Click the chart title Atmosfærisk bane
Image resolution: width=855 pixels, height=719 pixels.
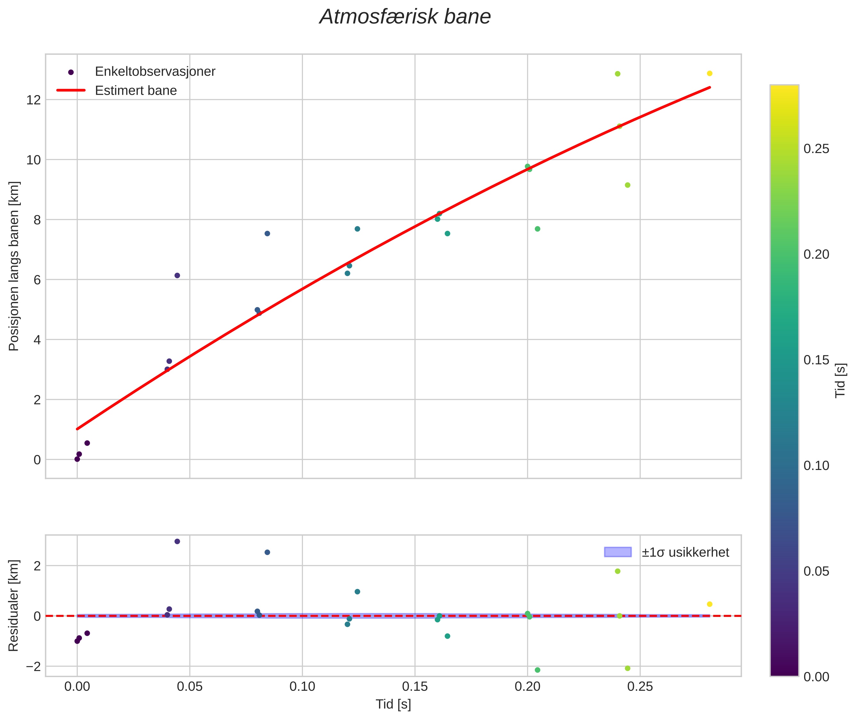tap(405, 17)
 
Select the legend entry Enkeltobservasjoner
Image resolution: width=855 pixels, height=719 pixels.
tap(155, 71)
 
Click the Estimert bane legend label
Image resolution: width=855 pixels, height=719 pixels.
tap(136, 91)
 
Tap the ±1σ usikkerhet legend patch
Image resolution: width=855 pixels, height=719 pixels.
tap(618, 552)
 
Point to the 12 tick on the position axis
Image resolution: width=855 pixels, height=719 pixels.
tap(34, 100)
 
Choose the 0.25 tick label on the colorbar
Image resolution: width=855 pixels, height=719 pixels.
tap(816, 149)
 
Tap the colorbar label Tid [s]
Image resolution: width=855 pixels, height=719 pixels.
tap(841, 380)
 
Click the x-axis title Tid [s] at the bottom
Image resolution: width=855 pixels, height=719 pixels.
tap(393, 704)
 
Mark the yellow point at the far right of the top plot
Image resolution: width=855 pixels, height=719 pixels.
tap(709, 73)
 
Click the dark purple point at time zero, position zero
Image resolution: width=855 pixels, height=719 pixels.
tap(77, 459)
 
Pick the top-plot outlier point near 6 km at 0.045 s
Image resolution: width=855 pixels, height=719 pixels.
tap(177, 276)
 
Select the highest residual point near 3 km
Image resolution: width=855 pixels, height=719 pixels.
tap(177, 541)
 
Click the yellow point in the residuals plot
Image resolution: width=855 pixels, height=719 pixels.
tap(709, 604)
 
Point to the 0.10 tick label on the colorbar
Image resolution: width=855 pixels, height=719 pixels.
tap(816, 465)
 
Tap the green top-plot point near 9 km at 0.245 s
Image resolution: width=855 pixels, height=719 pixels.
tap(628, 185)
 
